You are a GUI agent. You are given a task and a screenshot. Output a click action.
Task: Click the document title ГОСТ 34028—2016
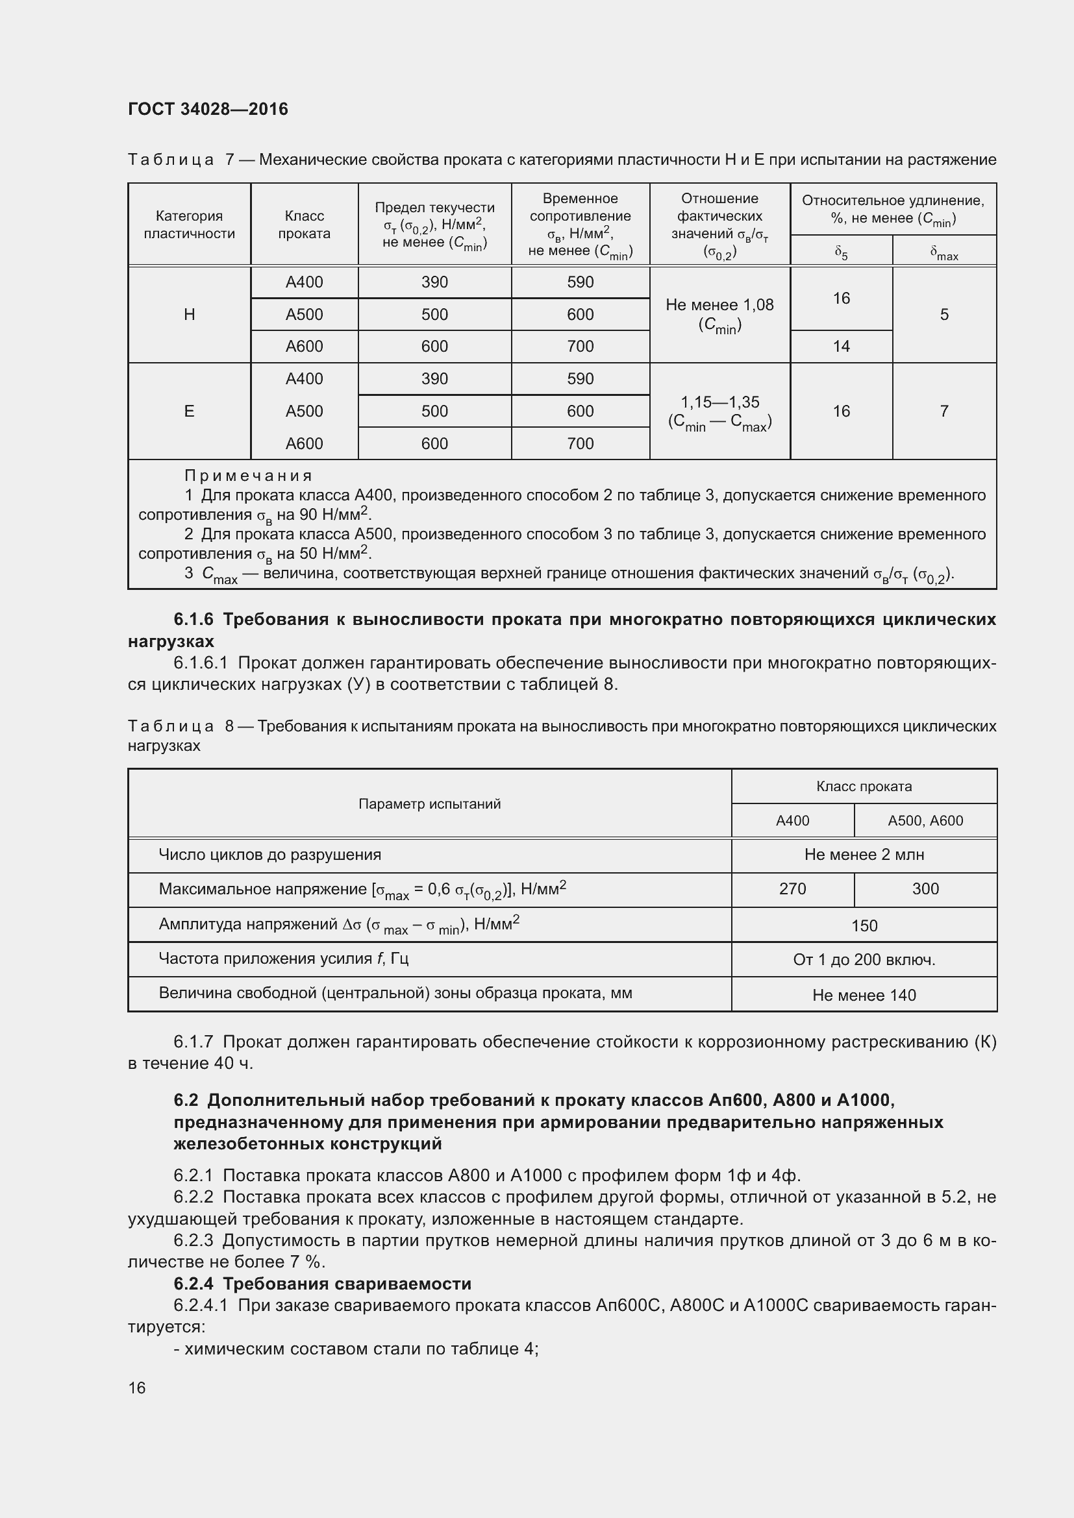pos(208,109)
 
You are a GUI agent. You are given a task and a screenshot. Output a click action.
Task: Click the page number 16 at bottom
pos(137,1387)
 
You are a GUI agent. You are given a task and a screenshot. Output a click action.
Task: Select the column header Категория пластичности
pos(189,225)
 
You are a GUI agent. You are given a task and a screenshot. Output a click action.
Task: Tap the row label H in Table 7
pos(189,315)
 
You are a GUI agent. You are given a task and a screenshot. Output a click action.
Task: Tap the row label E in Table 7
pos(189,411)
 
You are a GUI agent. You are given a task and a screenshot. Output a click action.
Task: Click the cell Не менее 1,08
pos(719,306)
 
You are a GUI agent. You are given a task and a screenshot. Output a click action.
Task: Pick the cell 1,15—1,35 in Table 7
pos(719,402)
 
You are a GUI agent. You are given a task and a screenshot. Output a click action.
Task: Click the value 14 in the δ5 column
pos(840,347)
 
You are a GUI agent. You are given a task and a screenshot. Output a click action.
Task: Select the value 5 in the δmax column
pos(943,315)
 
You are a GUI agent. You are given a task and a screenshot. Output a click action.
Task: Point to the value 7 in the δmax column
pos(943,411)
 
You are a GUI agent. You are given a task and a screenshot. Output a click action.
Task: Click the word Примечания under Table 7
pos(248,476)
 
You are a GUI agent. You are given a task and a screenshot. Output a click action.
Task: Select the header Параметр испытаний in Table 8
pos(429,804)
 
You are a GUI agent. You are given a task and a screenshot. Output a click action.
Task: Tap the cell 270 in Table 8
pos(792,889)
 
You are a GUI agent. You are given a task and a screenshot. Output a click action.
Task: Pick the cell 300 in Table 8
pos(925,889)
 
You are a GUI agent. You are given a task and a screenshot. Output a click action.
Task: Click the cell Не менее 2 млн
pos(864,855)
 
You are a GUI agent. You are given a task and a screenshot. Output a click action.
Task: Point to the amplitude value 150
pos(864,925)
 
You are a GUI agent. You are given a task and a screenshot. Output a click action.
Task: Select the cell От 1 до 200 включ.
pos(864,960)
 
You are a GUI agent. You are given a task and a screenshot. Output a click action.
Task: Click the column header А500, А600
pos(925,821)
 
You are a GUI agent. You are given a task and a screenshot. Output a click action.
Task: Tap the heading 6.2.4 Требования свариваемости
pos(323,1284)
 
